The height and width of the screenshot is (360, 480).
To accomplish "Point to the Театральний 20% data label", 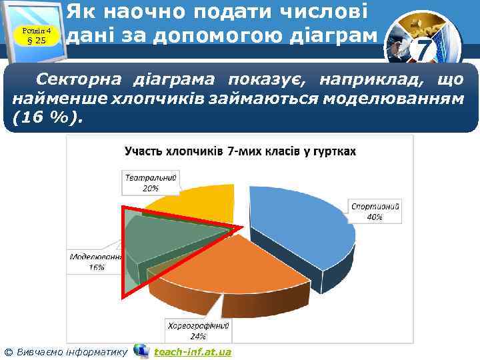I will (151, 183).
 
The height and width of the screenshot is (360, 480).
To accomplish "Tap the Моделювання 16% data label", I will (96, 261).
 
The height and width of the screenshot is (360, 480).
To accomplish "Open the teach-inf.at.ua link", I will (192, 351).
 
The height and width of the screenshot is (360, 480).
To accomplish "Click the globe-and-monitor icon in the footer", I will (141, 351).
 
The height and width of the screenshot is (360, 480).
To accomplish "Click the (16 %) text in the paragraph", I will (47, 118).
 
